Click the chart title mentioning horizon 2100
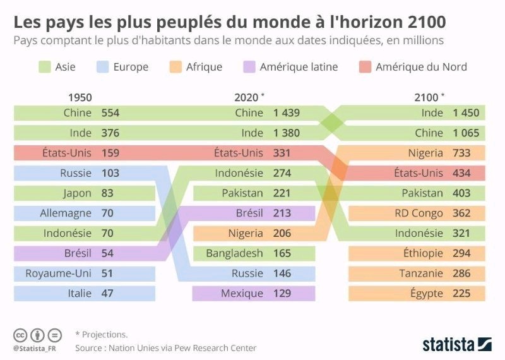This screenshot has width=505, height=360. (x=230, y=22)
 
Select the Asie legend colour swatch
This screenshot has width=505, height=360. (x=44, y=67)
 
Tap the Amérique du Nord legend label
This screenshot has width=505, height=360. (x=421, y=67)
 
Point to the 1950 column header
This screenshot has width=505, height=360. (x=80, y=97)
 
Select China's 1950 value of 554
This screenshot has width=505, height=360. (x=110, y=113)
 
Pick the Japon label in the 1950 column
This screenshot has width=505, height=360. (x=77, y=193)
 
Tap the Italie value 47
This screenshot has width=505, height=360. (x=107, y=293)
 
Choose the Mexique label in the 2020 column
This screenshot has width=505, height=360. (x=242, y=293)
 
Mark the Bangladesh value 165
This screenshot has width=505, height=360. (x=282, y=253)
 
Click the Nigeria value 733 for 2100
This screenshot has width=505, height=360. (x=466, y=153)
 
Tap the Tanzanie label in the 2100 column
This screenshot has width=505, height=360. (x=421, y=273)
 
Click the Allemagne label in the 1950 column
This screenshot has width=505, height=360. (x=66, y=213)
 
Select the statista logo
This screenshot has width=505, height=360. (x=456, y=344)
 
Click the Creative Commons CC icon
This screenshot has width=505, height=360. (x=20, y=335)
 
